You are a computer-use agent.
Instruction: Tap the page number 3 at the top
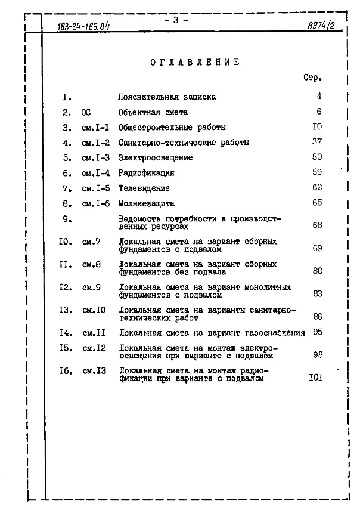(176, 20)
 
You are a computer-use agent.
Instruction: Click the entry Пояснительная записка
(167, 97)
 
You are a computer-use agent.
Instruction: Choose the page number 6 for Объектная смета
(319, 112)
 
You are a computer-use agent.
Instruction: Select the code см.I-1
(95, 128)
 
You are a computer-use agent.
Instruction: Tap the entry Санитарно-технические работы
(183, 143)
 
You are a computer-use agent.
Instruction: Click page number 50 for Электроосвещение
(316, 157)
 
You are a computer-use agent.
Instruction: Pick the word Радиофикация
(147, 173)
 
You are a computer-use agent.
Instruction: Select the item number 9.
(67, 219)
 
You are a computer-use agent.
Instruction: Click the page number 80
(317, 271)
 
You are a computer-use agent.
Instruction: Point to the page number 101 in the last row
(315, 378)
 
